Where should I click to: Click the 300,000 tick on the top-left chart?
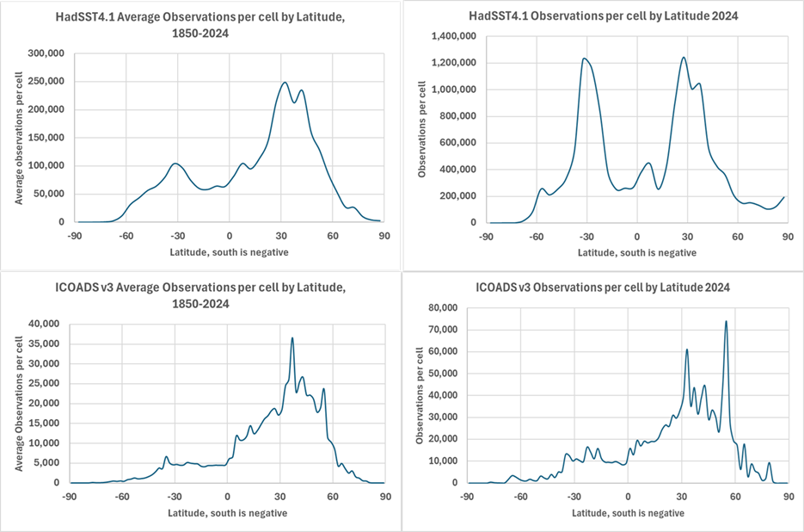tap(48, 53)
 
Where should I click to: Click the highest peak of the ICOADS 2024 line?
tap(726, 322)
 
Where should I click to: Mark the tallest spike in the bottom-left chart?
tap(292, 338)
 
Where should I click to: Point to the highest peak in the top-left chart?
tap(285, 83)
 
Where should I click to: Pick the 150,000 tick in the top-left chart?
tap(48, 138)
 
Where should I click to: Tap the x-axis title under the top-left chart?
tap(229, 252)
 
